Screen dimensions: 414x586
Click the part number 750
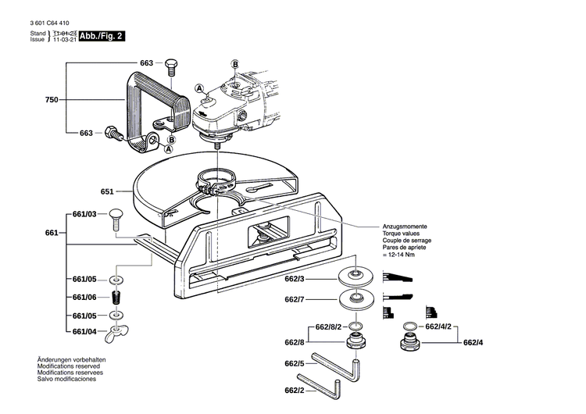52,101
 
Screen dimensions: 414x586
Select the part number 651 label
108,191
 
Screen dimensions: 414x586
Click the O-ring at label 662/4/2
410,326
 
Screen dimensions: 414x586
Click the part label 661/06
84,298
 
